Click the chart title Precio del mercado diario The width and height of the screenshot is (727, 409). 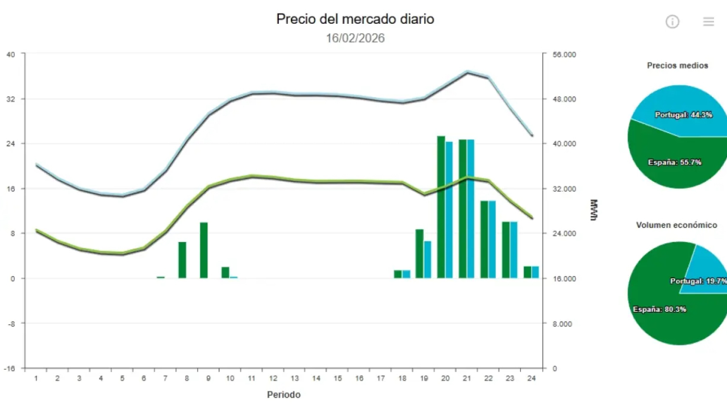click(355, 19)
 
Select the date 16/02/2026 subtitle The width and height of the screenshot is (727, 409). click(355, 38)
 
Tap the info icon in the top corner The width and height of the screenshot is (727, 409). click(672, 22)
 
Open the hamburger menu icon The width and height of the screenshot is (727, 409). click(708, 22)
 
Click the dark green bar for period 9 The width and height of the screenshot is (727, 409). click(204, 250)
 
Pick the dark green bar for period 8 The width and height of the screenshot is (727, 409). click(182, 260)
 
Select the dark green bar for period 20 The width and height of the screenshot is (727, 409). click(441, 207)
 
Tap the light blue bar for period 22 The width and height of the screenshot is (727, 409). click(492, 239)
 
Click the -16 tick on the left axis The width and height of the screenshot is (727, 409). click(11, 368)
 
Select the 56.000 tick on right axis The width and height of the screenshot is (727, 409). click(563, 55)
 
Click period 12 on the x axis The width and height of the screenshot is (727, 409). click(273, 378)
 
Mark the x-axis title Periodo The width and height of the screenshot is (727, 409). click(283, 394)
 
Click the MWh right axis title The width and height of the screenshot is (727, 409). click(594, 210)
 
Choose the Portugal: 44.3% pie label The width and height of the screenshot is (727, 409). click(683, 115)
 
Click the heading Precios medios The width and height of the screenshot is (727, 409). click(678, 65)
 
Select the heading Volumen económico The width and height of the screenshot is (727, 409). click(676, 225)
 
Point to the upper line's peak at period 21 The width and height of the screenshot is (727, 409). click(467, 72)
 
